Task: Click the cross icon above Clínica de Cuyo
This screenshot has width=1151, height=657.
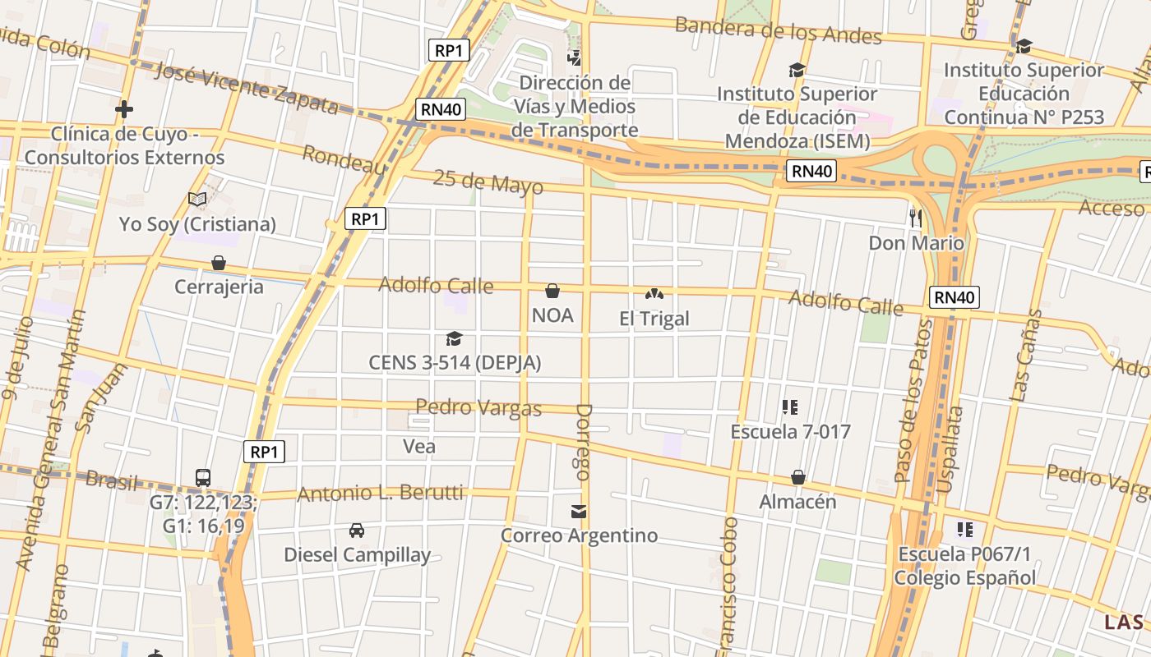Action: click(x=124, y=108)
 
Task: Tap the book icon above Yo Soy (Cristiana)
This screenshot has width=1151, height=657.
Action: click(x=196, y=199)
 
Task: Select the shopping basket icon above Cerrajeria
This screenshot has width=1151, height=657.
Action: click(x=219, y=263)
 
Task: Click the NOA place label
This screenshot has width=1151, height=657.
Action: click(x=552, y=315)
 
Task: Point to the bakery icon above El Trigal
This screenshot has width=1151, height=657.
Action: click(x=654, y=292)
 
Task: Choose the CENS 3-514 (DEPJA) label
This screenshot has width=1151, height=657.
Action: click(x=455, y=362)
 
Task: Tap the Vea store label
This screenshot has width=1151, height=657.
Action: click(x=419, y=446)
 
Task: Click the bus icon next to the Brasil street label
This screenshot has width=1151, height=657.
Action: click(x=203, y=477)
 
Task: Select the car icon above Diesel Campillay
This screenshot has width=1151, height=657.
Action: click(x=357, y=531)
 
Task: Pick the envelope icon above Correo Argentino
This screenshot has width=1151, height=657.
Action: click(x=580, y=512)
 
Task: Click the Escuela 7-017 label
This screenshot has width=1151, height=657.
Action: click(x=790, y=431)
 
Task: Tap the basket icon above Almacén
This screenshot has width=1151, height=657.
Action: click(x=797, y=477)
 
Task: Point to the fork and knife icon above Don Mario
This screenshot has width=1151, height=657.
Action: click(x=916, y=218)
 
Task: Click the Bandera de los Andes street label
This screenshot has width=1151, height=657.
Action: click(x=778, y=30)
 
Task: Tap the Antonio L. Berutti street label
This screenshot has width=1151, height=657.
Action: click(x=380, y=494)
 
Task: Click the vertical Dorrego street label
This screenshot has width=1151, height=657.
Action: click(x=583, y=442)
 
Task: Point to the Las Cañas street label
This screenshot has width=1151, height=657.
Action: click(x=1026, y=355)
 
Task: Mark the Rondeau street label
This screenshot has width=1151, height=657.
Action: click(x=344, y=159)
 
